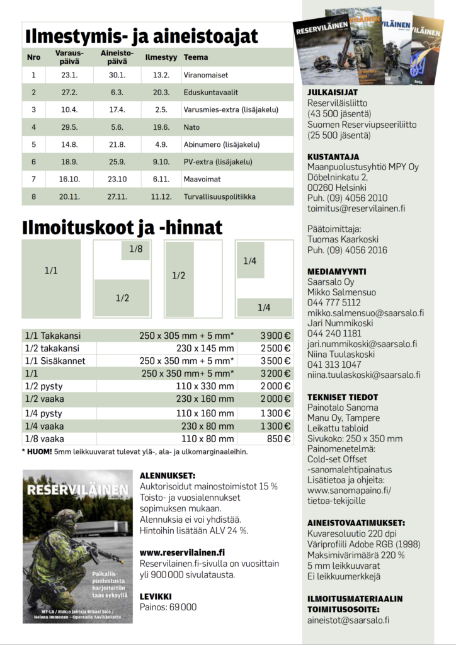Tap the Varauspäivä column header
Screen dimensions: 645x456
69,57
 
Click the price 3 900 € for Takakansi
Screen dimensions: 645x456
276,336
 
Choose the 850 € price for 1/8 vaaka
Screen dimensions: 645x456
279,439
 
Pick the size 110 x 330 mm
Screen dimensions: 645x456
205,386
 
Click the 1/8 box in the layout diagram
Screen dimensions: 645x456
136,249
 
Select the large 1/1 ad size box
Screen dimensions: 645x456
51,270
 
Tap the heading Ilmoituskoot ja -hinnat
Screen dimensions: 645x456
122,226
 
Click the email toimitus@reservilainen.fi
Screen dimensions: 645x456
356,208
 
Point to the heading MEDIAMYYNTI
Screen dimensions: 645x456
336,271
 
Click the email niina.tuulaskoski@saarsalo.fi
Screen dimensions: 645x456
364,375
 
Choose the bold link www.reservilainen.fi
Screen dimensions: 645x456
182,552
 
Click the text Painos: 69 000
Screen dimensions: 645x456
168,607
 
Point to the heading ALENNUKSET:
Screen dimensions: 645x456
167,476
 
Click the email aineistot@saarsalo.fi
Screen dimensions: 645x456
348,620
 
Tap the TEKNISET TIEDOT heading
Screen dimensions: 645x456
343,397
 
